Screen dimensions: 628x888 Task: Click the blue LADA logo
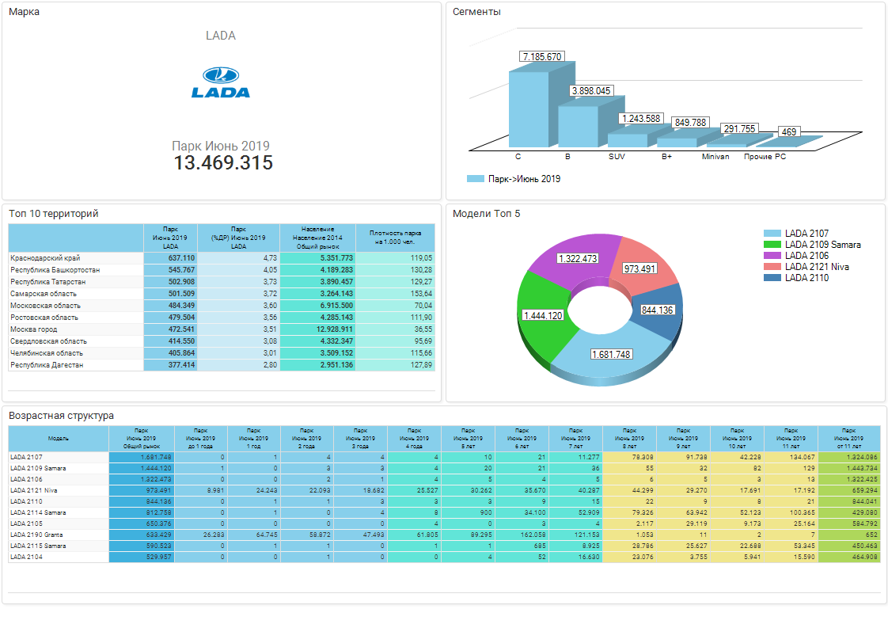click(x=221, y=82)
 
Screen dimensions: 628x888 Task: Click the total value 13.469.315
click(x=223, y=163)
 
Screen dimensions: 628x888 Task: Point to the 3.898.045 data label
click(x=591, y=91)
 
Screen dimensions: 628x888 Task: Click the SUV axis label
click(x=617, y=157)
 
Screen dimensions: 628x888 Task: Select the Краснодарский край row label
click(x=45, y=258)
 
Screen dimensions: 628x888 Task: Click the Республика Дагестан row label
click(x=47, y=365)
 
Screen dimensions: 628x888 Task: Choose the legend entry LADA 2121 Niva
click(x=816, y=267)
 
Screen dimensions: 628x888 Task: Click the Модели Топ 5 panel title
click(x=486, y=214)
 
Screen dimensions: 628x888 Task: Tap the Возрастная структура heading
click(x=61, y=416)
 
